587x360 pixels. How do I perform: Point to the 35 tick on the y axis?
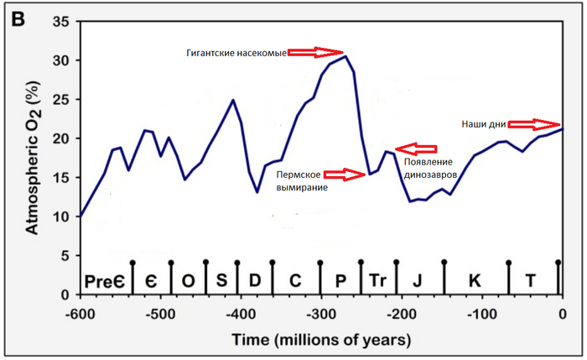pyautogui.click(x=60, y=23)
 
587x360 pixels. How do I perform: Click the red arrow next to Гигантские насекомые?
pyautogui.click(x=316, y=52)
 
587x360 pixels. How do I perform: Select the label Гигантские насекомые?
pyautogui.click(x=236, y=53)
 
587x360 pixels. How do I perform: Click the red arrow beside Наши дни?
pyautogui.click(x=535, y=123)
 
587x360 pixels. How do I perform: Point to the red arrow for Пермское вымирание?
pyautogui.click(x=345, y=174)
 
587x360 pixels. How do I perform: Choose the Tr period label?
pyautogui.click(x=377, y=280)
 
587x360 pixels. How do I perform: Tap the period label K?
pyautogui.click(x=475, y=280)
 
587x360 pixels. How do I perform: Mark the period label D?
pyautogui.click(x=256, y=280)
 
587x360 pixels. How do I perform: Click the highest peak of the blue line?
pyautogui.click(x=346, y=56)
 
